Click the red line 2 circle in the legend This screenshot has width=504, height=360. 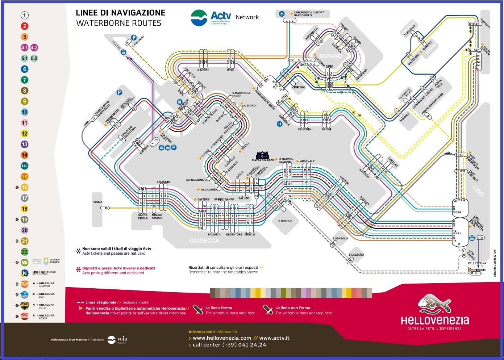coord(24,26)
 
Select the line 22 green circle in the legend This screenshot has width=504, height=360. coord(24,252)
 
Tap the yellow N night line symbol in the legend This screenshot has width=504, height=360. coord(24,273)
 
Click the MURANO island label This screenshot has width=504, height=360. coord(330,56)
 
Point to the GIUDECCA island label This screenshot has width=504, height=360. coord(204,240)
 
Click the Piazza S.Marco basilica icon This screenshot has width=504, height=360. coord(263,155)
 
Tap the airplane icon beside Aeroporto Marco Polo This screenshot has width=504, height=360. coord(282,14)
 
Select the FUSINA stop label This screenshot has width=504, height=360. coord(97,202)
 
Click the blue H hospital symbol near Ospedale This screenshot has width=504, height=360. coord(279,124)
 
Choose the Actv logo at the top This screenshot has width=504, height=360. coord(211,17)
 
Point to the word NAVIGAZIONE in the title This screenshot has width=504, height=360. coord(138,13)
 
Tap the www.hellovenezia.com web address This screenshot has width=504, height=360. coord(222,338)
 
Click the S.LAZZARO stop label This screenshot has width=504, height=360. coord(356,255)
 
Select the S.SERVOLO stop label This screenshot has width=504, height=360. coord(340,238)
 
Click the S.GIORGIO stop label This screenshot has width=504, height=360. coord(285,221)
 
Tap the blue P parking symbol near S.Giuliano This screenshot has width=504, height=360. coord(134,37)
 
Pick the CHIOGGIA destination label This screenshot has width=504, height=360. coord(478,270)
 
